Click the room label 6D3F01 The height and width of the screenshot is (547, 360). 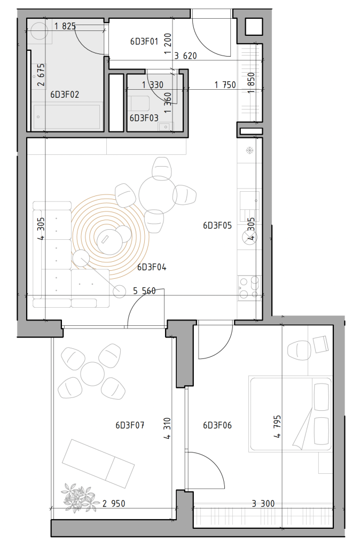144,42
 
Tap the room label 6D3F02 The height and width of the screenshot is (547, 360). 65,95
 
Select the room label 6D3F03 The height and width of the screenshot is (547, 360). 144,118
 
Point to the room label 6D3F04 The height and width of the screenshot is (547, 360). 152,267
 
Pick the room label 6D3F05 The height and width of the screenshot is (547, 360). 217,225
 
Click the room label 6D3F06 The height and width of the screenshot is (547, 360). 217,425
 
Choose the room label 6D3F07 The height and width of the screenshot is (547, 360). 130,425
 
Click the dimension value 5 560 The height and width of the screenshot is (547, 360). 144,291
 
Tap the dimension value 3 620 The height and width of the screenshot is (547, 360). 185,56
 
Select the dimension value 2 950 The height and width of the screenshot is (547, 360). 114,503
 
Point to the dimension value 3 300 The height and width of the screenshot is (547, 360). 263,503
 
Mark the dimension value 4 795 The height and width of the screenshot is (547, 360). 277,426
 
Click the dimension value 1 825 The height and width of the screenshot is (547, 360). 65,26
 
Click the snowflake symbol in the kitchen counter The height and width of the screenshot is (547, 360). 249,151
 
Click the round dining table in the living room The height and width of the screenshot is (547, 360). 158,194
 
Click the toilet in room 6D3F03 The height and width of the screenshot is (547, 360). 139,103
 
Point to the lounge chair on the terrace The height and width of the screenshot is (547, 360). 98,463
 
